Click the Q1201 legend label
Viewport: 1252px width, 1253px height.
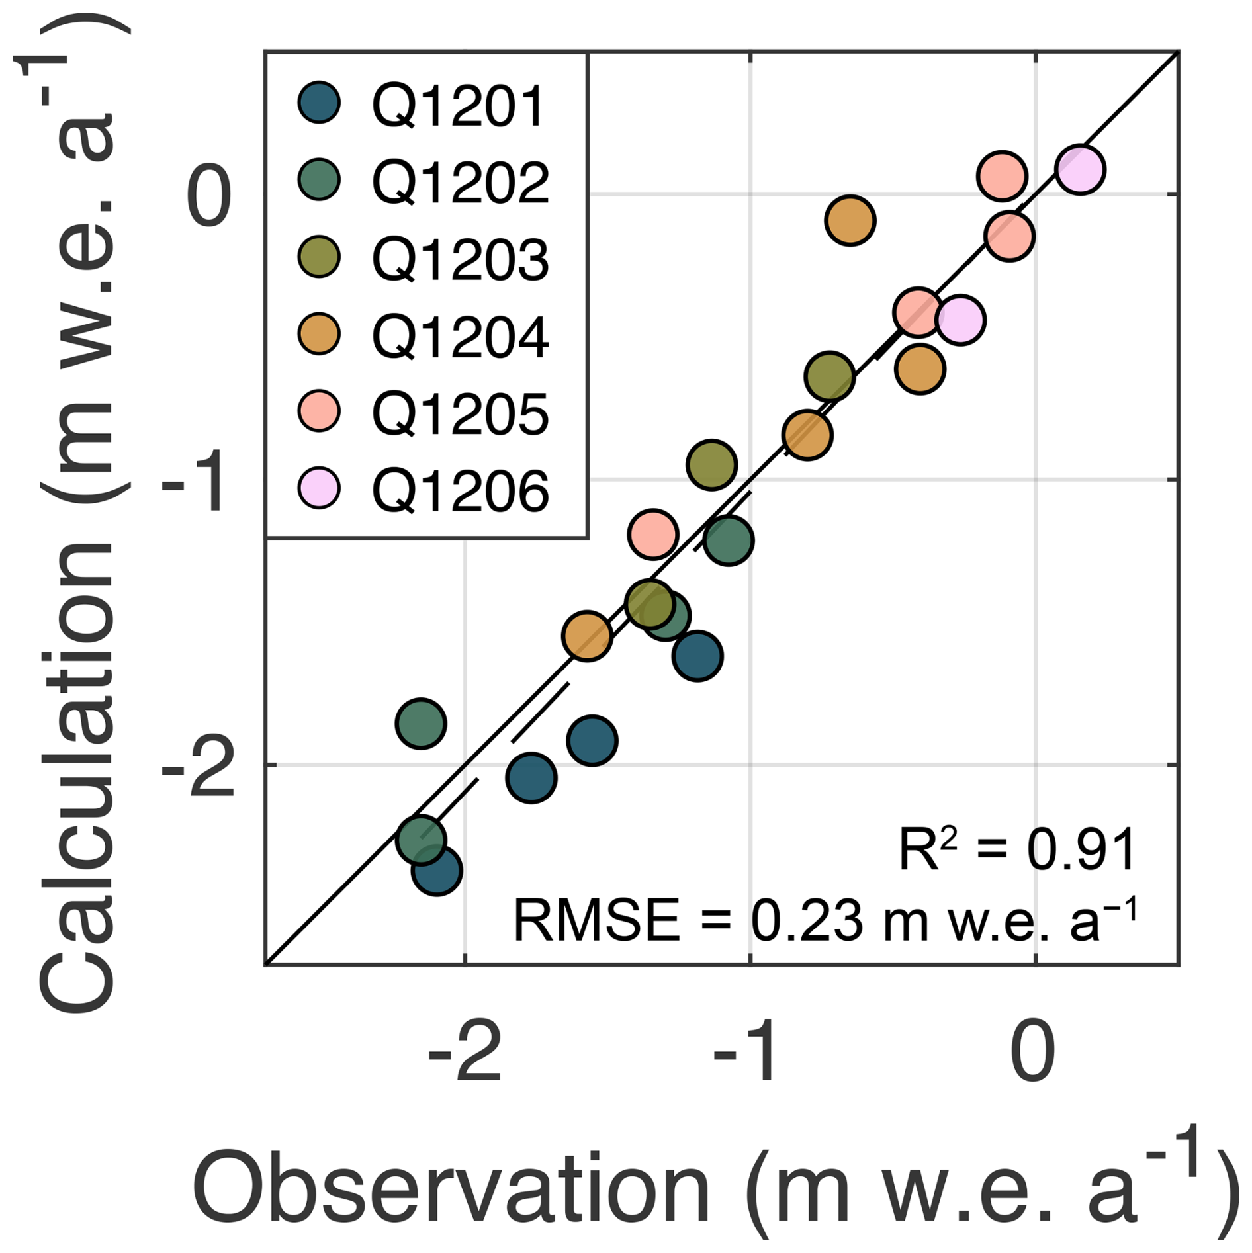click(x=458, y=105)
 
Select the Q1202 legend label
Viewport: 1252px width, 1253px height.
click(x=461, y=182)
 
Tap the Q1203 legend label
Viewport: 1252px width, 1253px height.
click(x=461, y=259)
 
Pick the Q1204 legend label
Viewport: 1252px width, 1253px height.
click(x=461, y=336)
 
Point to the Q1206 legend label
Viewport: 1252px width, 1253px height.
click(x=461, y=490)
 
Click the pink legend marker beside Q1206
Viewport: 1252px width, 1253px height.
click(x=319, y=488)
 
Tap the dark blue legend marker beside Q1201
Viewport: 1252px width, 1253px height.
click(x=319, y=103)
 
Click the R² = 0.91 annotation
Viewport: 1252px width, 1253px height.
click(x=1016, y=850)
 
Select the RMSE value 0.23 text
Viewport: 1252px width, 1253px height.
click(x=807, y=920)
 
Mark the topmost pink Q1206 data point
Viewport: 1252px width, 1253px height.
click(x=1080, y=169)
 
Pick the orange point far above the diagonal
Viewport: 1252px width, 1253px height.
click(x=850, y=220)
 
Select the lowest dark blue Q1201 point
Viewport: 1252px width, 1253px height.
click(x=436, y=871)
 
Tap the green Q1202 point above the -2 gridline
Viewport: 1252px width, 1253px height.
click(x=421, y=723)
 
